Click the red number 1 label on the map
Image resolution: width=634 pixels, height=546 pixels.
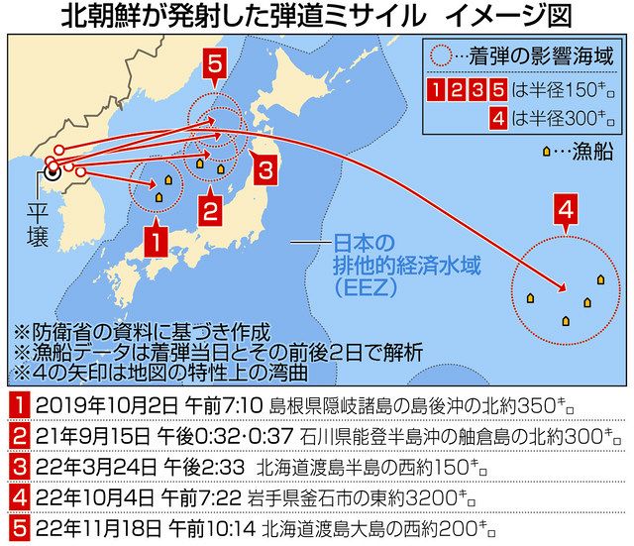pos(153,241)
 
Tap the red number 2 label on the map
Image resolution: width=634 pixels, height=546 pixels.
pos(209,210)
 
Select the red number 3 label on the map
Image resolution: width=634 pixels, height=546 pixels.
pos(264,167)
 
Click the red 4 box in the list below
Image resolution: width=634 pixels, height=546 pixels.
pos(20,495)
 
